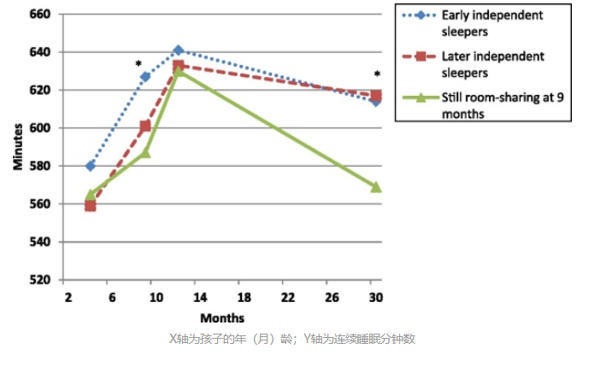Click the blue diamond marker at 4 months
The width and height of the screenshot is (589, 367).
pos(91,166)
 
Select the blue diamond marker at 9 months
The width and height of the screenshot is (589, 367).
pos(145,77)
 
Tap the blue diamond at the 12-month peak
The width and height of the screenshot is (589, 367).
pos(178,50)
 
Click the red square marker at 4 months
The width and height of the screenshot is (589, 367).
pos(91,205)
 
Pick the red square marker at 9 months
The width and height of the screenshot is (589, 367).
pos(145,126)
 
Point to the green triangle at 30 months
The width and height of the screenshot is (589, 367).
pos(376,186)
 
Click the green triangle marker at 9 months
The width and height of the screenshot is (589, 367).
pos(145,152)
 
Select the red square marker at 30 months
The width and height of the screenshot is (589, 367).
pos(376,95)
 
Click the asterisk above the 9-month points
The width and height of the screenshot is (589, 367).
pos(138,64)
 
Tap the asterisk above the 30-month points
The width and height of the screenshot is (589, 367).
pos(376,75)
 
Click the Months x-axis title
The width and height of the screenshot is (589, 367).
pos(222,317)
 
